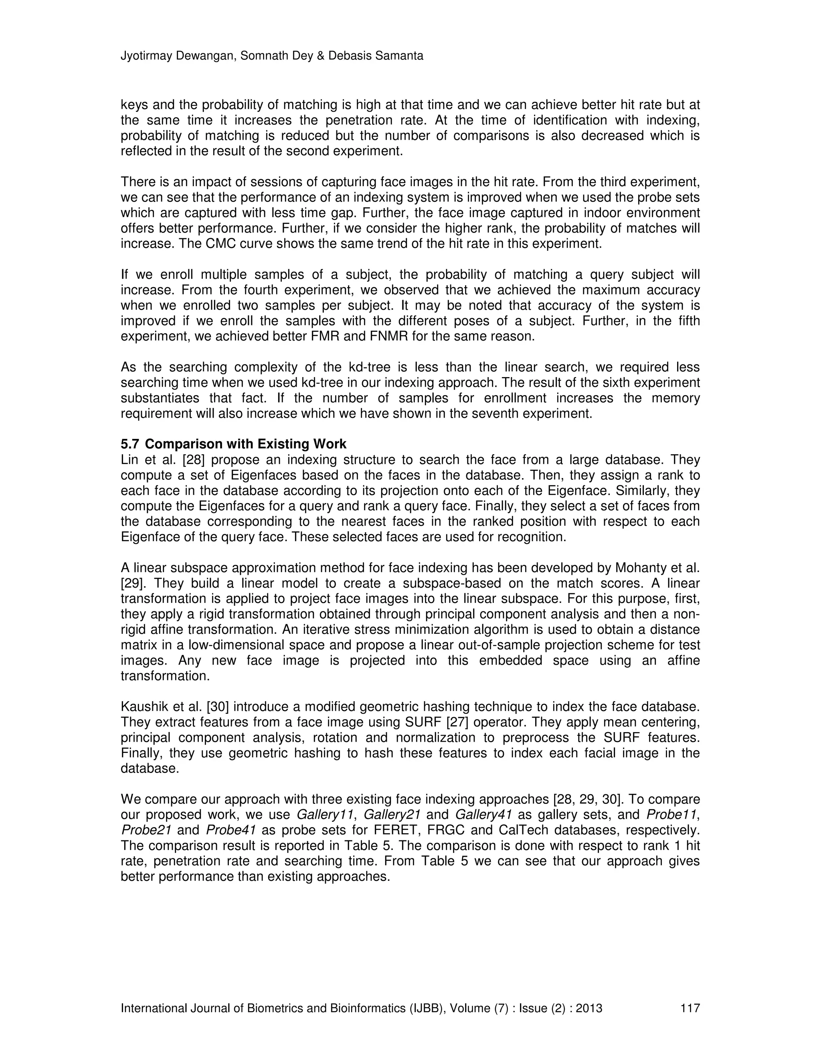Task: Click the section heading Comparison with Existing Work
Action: pos(246,444)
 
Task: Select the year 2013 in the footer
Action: pos(589,1008)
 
